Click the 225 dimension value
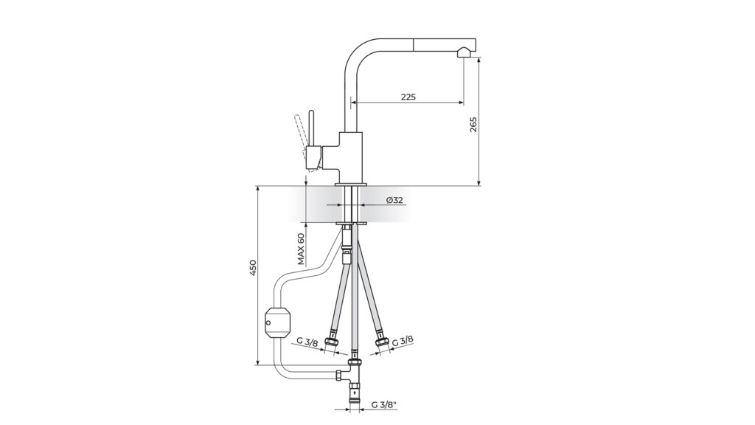pyautogui.click(x=408, y=97)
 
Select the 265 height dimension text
pyautogui.click(x=473, y=125)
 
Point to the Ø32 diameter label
pyautogui.click(x=394, y=200)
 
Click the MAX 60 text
pyautogui.click(x=301, y=249)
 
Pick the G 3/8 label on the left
pyautogui.click(x=307, y=342)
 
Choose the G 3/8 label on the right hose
pyautogui.click(x=402, y=341)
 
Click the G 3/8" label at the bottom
pyautogui.click(x=383, y=405)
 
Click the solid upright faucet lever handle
pyautogui.click(x=312, y=129)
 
